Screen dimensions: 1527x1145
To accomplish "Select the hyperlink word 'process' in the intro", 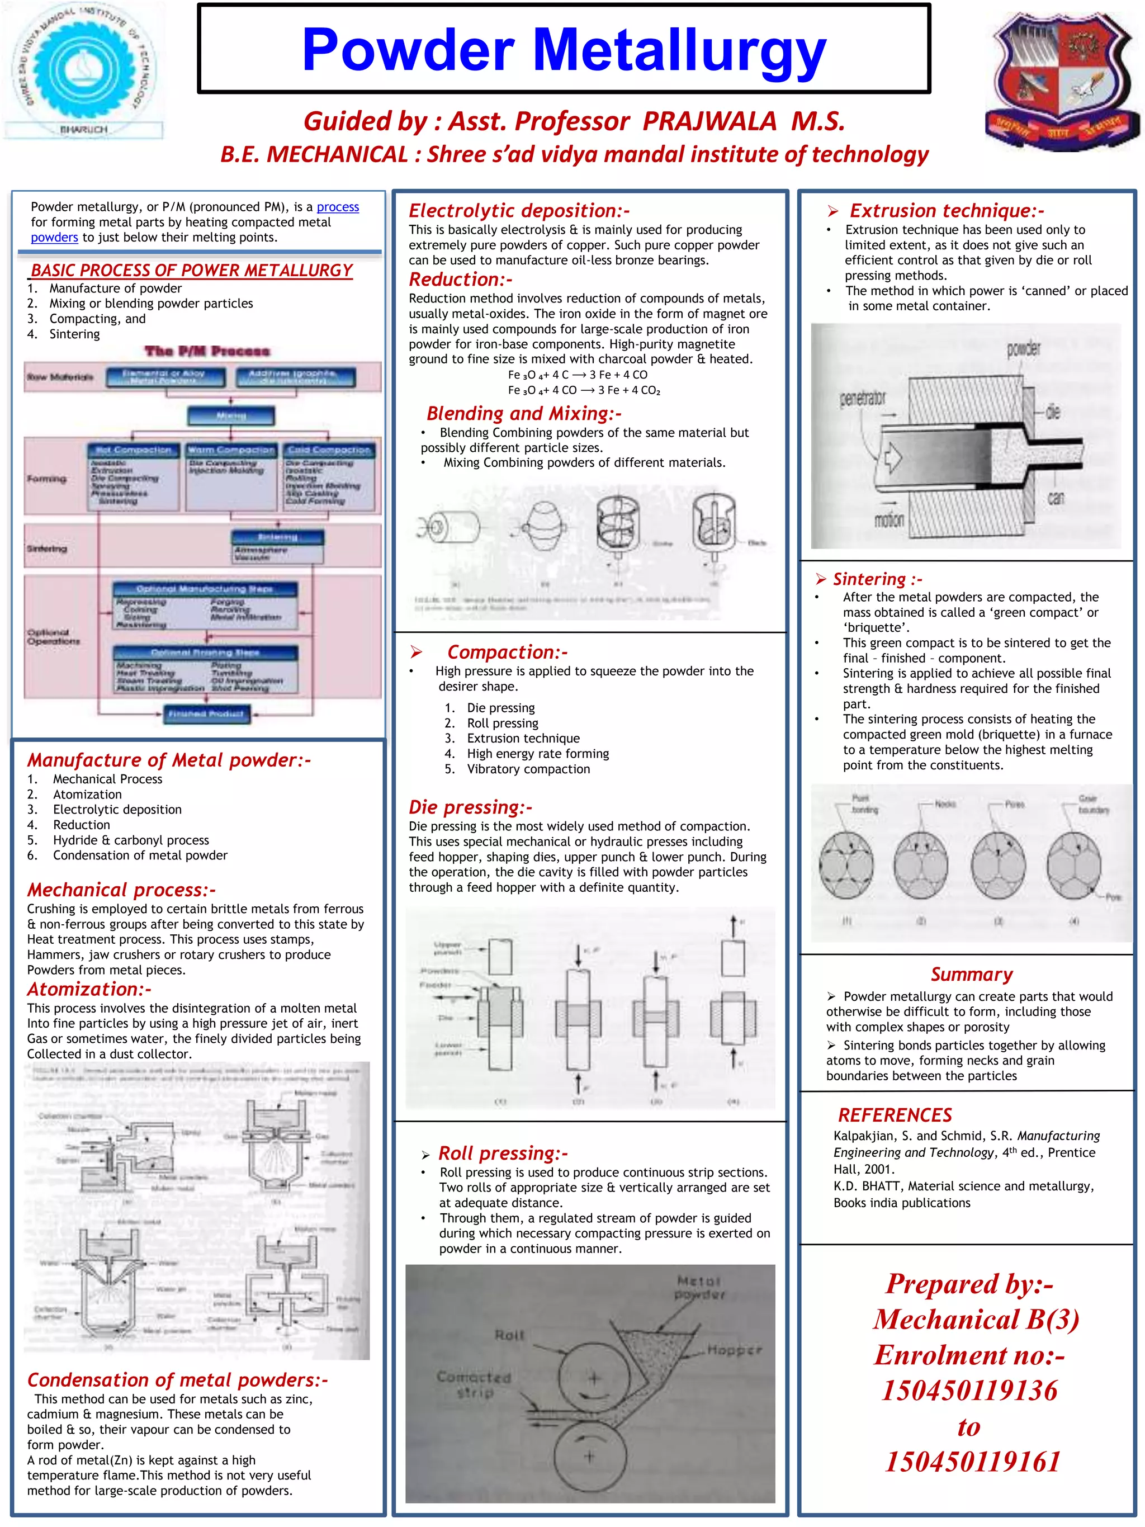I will [x=338, y=207].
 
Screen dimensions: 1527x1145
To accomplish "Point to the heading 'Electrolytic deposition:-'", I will [x=518, y=211].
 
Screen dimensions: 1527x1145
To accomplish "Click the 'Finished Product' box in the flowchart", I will [x=206, y=714].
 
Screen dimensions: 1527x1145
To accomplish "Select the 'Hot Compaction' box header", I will [x=133, y=450].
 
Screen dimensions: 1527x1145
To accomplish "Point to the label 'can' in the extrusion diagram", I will [x=1056, y=498].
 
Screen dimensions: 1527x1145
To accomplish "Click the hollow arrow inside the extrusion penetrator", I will [x=893, y=457].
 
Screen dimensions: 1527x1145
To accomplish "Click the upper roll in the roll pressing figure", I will [x=593, y=1379].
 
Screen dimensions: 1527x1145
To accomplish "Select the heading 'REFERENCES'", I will [x=895, y=1115].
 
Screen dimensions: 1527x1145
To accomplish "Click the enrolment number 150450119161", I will [x=972, y=1462].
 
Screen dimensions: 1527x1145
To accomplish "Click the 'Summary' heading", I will [x=971, y=974].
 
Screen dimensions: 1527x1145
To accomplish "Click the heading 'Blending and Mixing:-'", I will [x=524, y=414].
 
